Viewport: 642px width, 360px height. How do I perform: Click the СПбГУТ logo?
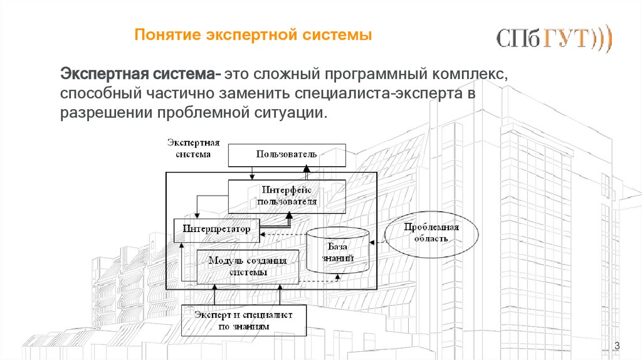[554, 38]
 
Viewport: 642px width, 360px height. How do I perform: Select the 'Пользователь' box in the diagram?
[287, 154]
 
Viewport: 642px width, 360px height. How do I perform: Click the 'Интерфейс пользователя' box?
[287, 196]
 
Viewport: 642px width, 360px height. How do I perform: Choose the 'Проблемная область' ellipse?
[431, 233]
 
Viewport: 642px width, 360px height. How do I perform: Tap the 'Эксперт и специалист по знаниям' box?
[244, 320]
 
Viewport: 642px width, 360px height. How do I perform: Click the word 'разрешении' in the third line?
[105, 114]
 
